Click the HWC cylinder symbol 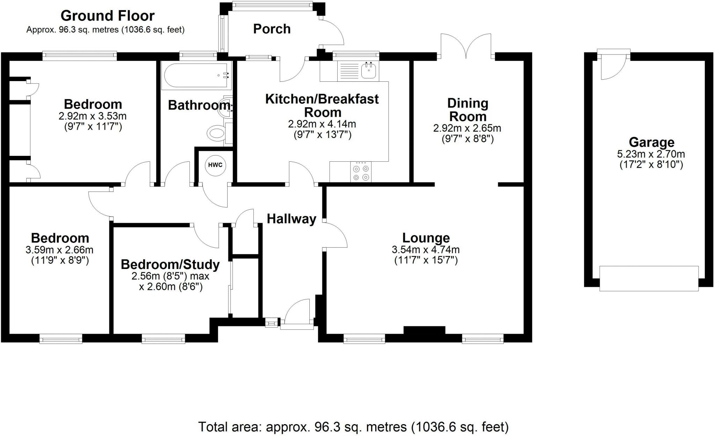[x=215, y=165]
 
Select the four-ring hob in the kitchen [x=361, y=172]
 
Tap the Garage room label [x=651, y=143]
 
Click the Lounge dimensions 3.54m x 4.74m [x=426, y=250]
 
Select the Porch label [x=272, y=29]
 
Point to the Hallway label [x=291, y=219]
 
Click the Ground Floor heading [x=108, y=16]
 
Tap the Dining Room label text [x=467, y=110]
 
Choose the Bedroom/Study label [x=170, y=264]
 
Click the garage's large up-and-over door [x=649, y=278]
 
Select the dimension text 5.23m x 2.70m [x=651, y=154]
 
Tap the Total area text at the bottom [x=353, y=427]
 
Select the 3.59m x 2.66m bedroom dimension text [x=59, y=250]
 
